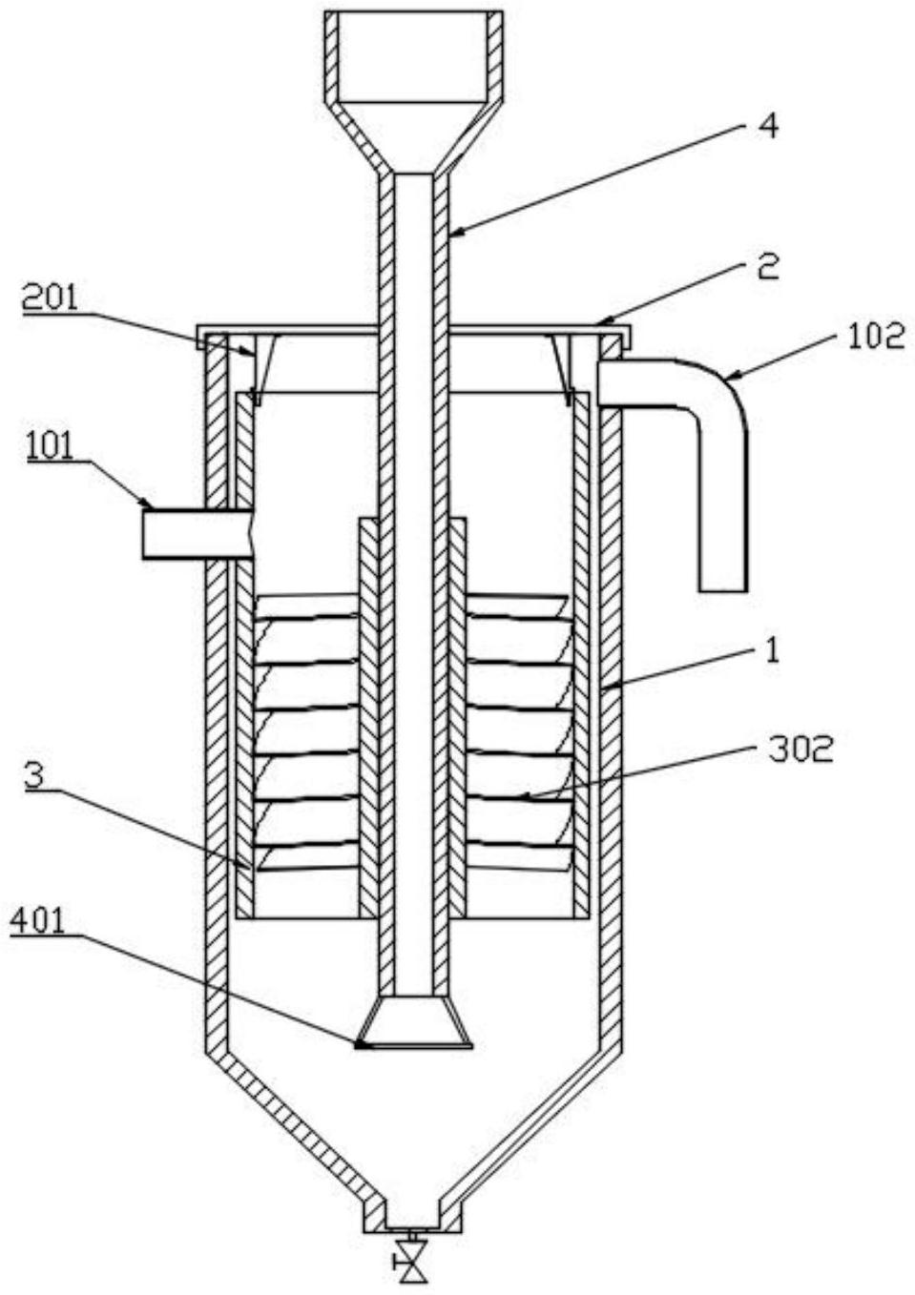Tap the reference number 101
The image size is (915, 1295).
tap(50, 447)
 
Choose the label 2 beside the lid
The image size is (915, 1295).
tap(769, 267)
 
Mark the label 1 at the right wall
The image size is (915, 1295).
tap(773, 649)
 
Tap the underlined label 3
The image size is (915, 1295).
tap(35, 776)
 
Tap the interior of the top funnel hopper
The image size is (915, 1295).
tap(412, 58)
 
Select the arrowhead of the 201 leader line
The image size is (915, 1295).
tap(248, 352)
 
